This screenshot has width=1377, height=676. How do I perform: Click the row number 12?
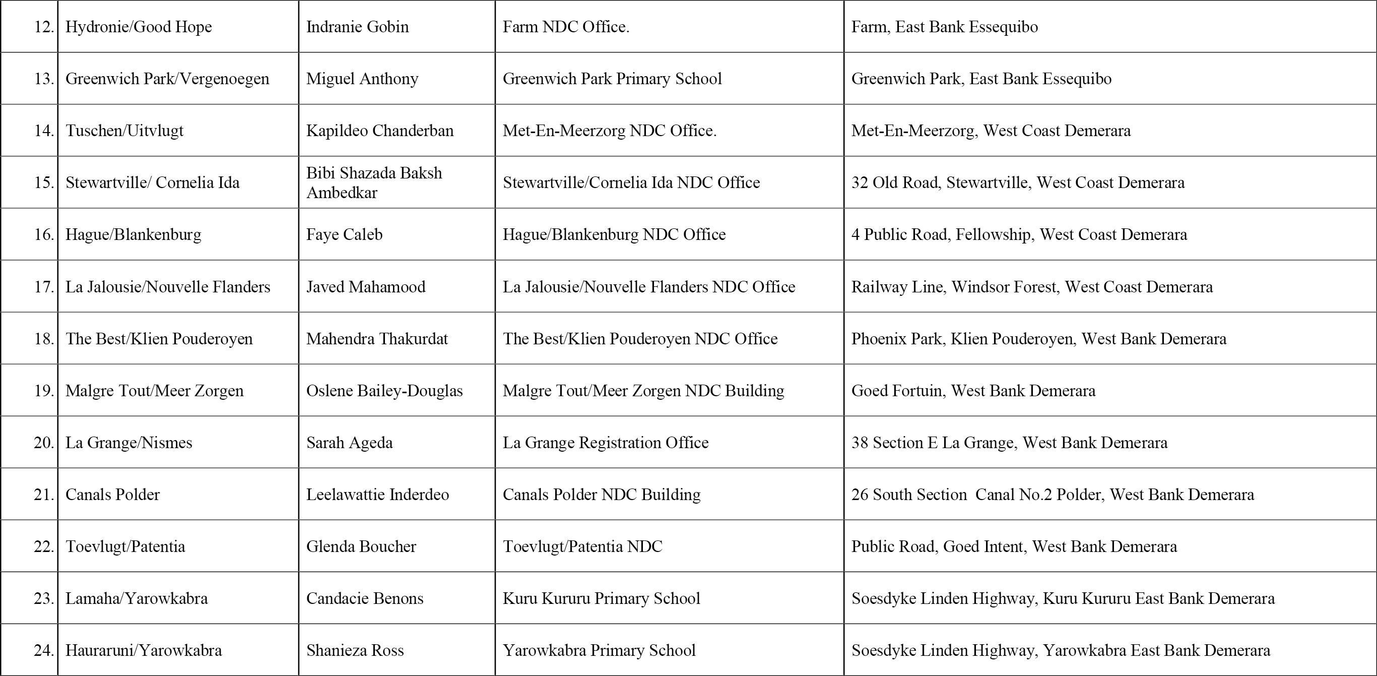pyautogui.click(x=44, y=27)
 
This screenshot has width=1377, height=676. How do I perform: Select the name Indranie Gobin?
pyautogui.click(x=357, y=27)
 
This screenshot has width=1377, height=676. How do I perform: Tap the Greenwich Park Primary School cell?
pyautogui.click(x=612, y=79)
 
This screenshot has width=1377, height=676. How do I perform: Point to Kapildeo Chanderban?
pyautogui.click(x=379, y=131)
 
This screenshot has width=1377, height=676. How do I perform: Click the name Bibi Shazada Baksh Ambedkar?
pyautogui.click(x=374, y=182)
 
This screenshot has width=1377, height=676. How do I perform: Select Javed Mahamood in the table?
pyautogui.click(x=366, y=287)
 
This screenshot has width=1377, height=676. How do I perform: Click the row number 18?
pyautogui.click(x=44, y=339)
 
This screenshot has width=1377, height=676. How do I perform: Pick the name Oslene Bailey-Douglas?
pyautogui.click(x=384, y=390)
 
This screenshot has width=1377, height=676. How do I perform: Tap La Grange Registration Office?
pyautogui.click(x=605, y=442)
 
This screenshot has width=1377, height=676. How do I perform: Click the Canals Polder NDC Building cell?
pyautogui.click(x=602, y=494)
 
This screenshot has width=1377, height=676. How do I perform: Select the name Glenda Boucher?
pyautogui.click(x=361, y=546)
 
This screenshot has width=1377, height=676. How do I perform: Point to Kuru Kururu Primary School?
pyautogui.click(x=601, y=598)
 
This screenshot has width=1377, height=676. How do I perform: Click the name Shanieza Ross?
pyautogui.click(x=354, y=650)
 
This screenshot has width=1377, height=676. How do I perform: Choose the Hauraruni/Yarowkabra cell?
pyautogui.click(x=143, y=650)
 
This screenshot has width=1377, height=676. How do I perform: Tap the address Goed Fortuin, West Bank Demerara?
pyautogui.click(x=973, y=390)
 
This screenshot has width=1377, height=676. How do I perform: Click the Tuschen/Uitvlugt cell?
pyautogui.click(x=124, y=131)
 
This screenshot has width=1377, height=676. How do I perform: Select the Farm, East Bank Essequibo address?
pyautogui.click(x=944, y=27)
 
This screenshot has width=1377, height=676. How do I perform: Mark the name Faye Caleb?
pyautogui.click(x=344, y=234)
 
